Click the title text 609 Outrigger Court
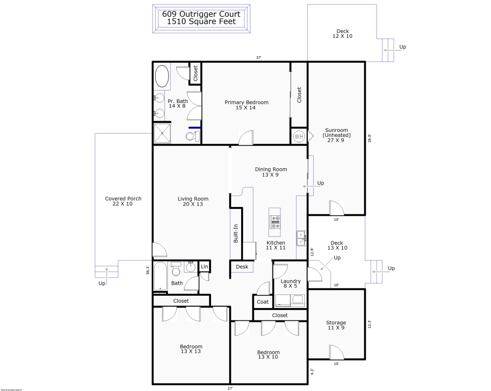(202, 14)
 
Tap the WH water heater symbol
(299, 136)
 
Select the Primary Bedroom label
(246, 102)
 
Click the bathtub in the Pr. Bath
(162, 77)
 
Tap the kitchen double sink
(301, 238)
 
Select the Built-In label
(236, 234)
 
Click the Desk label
(242, 267)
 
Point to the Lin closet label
(204, 267)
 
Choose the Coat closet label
(263, 302)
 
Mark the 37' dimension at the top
(258, 57)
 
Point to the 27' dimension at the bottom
(230, 388)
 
